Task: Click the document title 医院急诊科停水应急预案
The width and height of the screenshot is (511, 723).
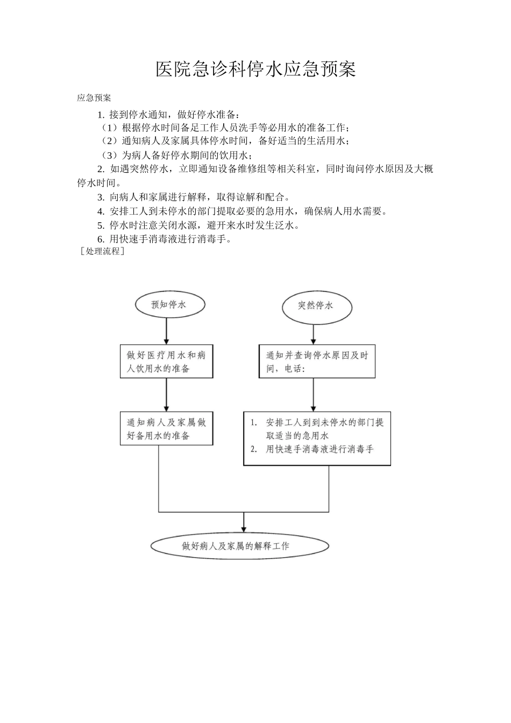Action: [x=256, y=69]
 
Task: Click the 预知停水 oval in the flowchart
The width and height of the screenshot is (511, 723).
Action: [x=169, y=304]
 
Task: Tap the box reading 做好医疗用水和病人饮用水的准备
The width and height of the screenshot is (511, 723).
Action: [x=166, y=361]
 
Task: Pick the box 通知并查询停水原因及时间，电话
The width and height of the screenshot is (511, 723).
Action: [x=317, y=362]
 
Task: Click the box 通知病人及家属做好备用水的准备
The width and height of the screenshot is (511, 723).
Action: [x=166, y=429]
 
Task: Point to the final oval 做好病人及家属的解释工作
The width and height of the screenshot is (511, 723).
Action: [x=239, y=546]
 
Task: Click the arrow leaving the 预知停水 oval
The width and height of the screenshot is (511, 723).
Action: [x=167, y=331]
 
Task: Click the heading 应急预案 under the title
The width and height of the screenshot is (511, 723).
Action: [x=94, y=98]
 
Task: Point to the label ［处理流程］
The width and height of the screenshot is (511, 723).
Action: [x=102, y=251]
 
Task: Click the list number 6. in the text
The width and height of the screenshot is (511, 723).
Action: [x=101, y=239]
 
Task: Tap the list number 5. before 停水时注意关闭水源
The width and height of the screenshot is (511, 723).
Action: [x=101, y=225]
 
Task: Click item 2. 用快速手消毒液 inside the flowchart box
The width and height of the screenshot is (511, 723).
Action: [x=313, y=449]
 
